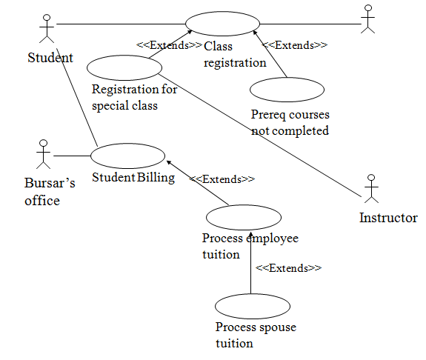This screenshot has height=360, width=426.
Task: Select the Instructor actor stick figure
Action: pyautogui.click(x=372, y=189)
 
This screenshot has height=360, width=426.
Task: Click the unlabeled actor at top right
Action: pyautogui.click(x=367, y=20)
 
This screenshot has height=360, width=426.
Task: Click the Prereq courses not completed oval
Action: pyautogui.click(x=287, y=89)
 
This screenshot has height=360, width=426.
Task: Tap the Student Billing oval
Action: pyautogui.click(x=128, y=156)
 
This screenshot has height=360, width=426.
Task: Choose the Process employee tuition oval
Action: pyautogui.click(x=244, y=218)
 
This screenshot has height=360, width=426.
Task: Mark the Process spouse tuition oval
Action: pyautogui.click(x=253, y=306)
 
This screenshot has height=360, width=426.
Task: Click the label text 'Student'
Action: pyautogui.click(x=50, y=57)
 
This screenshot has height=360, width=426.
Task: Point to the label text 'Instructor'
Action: pyautogui.click(x=388, y=218)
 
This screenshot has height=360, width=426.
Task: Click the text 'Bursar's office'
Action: pyautogui.click(x=50, y=192)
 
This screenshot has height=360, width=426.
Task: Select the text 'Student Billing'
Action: pyautogui.click(x=133, y=177)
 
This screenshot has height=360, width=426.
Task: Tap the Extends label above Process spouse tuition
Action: pyautogui.click(x=288, y=267)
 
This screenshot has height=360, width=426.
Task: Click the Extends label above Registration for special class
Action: pyautogui.click(x=169, y=45)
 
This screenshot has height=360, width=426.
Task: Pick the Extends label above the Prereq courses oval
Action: pyautogui.click(x=295, y=45)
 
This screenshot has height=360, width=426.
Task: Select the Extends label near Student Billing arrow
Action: pyautogui.click(x=222, y=179)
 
